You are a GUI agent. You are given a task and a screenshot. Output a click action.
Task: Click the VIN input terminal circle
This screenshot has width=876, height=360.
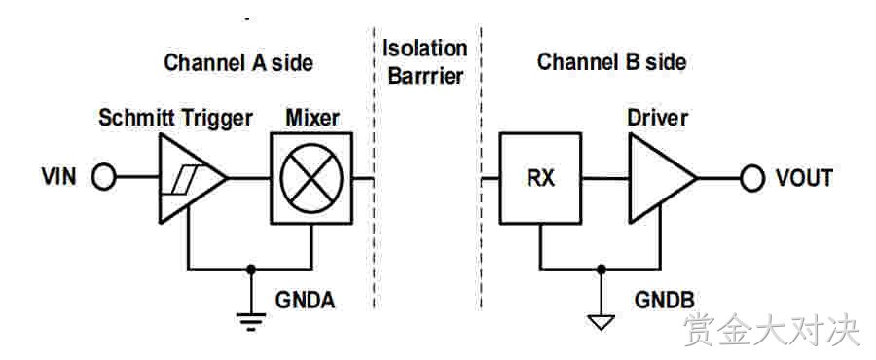[103, 179]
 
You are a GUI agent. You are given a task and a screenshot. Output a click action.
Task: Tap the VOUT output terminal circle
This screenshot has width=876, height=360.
[752, 179]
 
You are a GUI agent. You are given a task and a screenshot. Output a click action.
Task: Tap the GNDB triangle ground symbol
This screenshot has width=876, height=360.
[602, 322]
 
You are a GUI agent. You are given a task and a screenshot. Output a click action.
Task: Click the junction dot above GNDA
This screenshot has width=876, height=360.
[251, 270]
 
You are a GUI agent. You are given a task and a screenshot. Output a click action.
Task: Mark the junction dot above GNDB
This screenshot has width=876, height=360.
[602, 270]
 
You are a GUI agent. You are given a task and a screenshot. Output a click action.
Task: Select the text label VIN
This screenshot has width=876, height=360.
[58, 177]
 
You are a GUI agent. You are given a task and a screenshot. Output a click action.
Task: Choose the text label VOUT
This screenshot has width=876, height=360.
[804, 178]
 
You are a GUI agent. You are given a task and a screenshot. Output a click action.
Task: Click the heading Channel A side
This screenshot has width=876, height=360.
[238, 62]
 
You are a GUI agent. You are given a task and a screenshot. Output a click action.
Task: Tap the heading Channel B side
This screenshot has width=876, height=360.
[612, 62]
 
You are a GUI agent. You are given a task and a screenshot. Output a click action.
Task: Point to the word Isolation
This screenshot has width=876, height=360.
[424, 48]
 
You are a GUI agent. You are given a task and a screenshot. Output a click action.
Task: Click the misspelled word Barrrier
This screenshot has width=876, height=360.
[425, 76]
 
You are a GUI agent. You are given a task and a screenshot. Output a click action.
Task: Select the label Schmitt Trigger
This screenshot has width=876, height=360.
[176, 119]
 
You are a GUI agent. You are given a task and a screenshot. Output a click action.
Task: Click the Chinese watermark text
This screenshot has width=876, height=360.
[772, 330]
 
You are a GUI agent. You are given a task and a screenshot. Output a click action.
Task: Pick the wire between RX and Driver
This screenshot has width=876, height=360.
[605, 179]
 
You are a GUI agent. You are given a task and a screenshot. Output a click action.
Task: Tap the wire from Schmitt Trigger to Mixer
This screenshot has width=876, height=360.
[249, 179]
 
